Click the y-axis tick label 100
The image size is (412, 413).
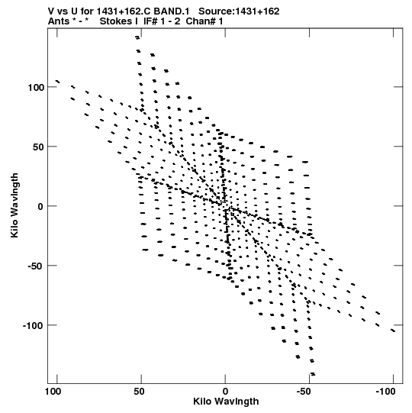point(36,87)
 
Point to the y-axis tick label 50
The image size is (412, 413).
point(38,147)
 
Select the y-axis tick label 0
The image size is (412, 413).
point(40,206)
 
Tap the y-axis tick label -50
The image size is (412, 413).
point(36,266)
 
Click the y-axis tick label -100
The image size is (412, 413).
point(33,326)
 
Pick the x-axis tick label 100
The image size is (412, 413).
point(53,392)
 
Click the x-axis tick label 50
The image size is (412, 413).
point(139,392)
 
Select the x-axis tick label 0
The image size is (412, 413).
point(225,392)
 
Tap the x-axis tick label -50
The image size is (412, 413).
point(307,392)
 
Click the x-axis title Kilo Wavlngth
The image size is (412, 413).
point(226,402)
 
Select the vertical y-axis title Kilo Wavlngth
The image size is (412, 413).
point(14,205)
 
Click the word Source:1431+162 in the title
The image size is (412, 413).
point(239,11)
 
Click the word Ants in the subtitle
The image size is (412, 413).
point(59,21)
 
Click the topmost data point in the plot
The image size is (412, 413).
point(137,37)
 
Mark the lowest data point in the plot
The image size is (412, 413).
point(313,374)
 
